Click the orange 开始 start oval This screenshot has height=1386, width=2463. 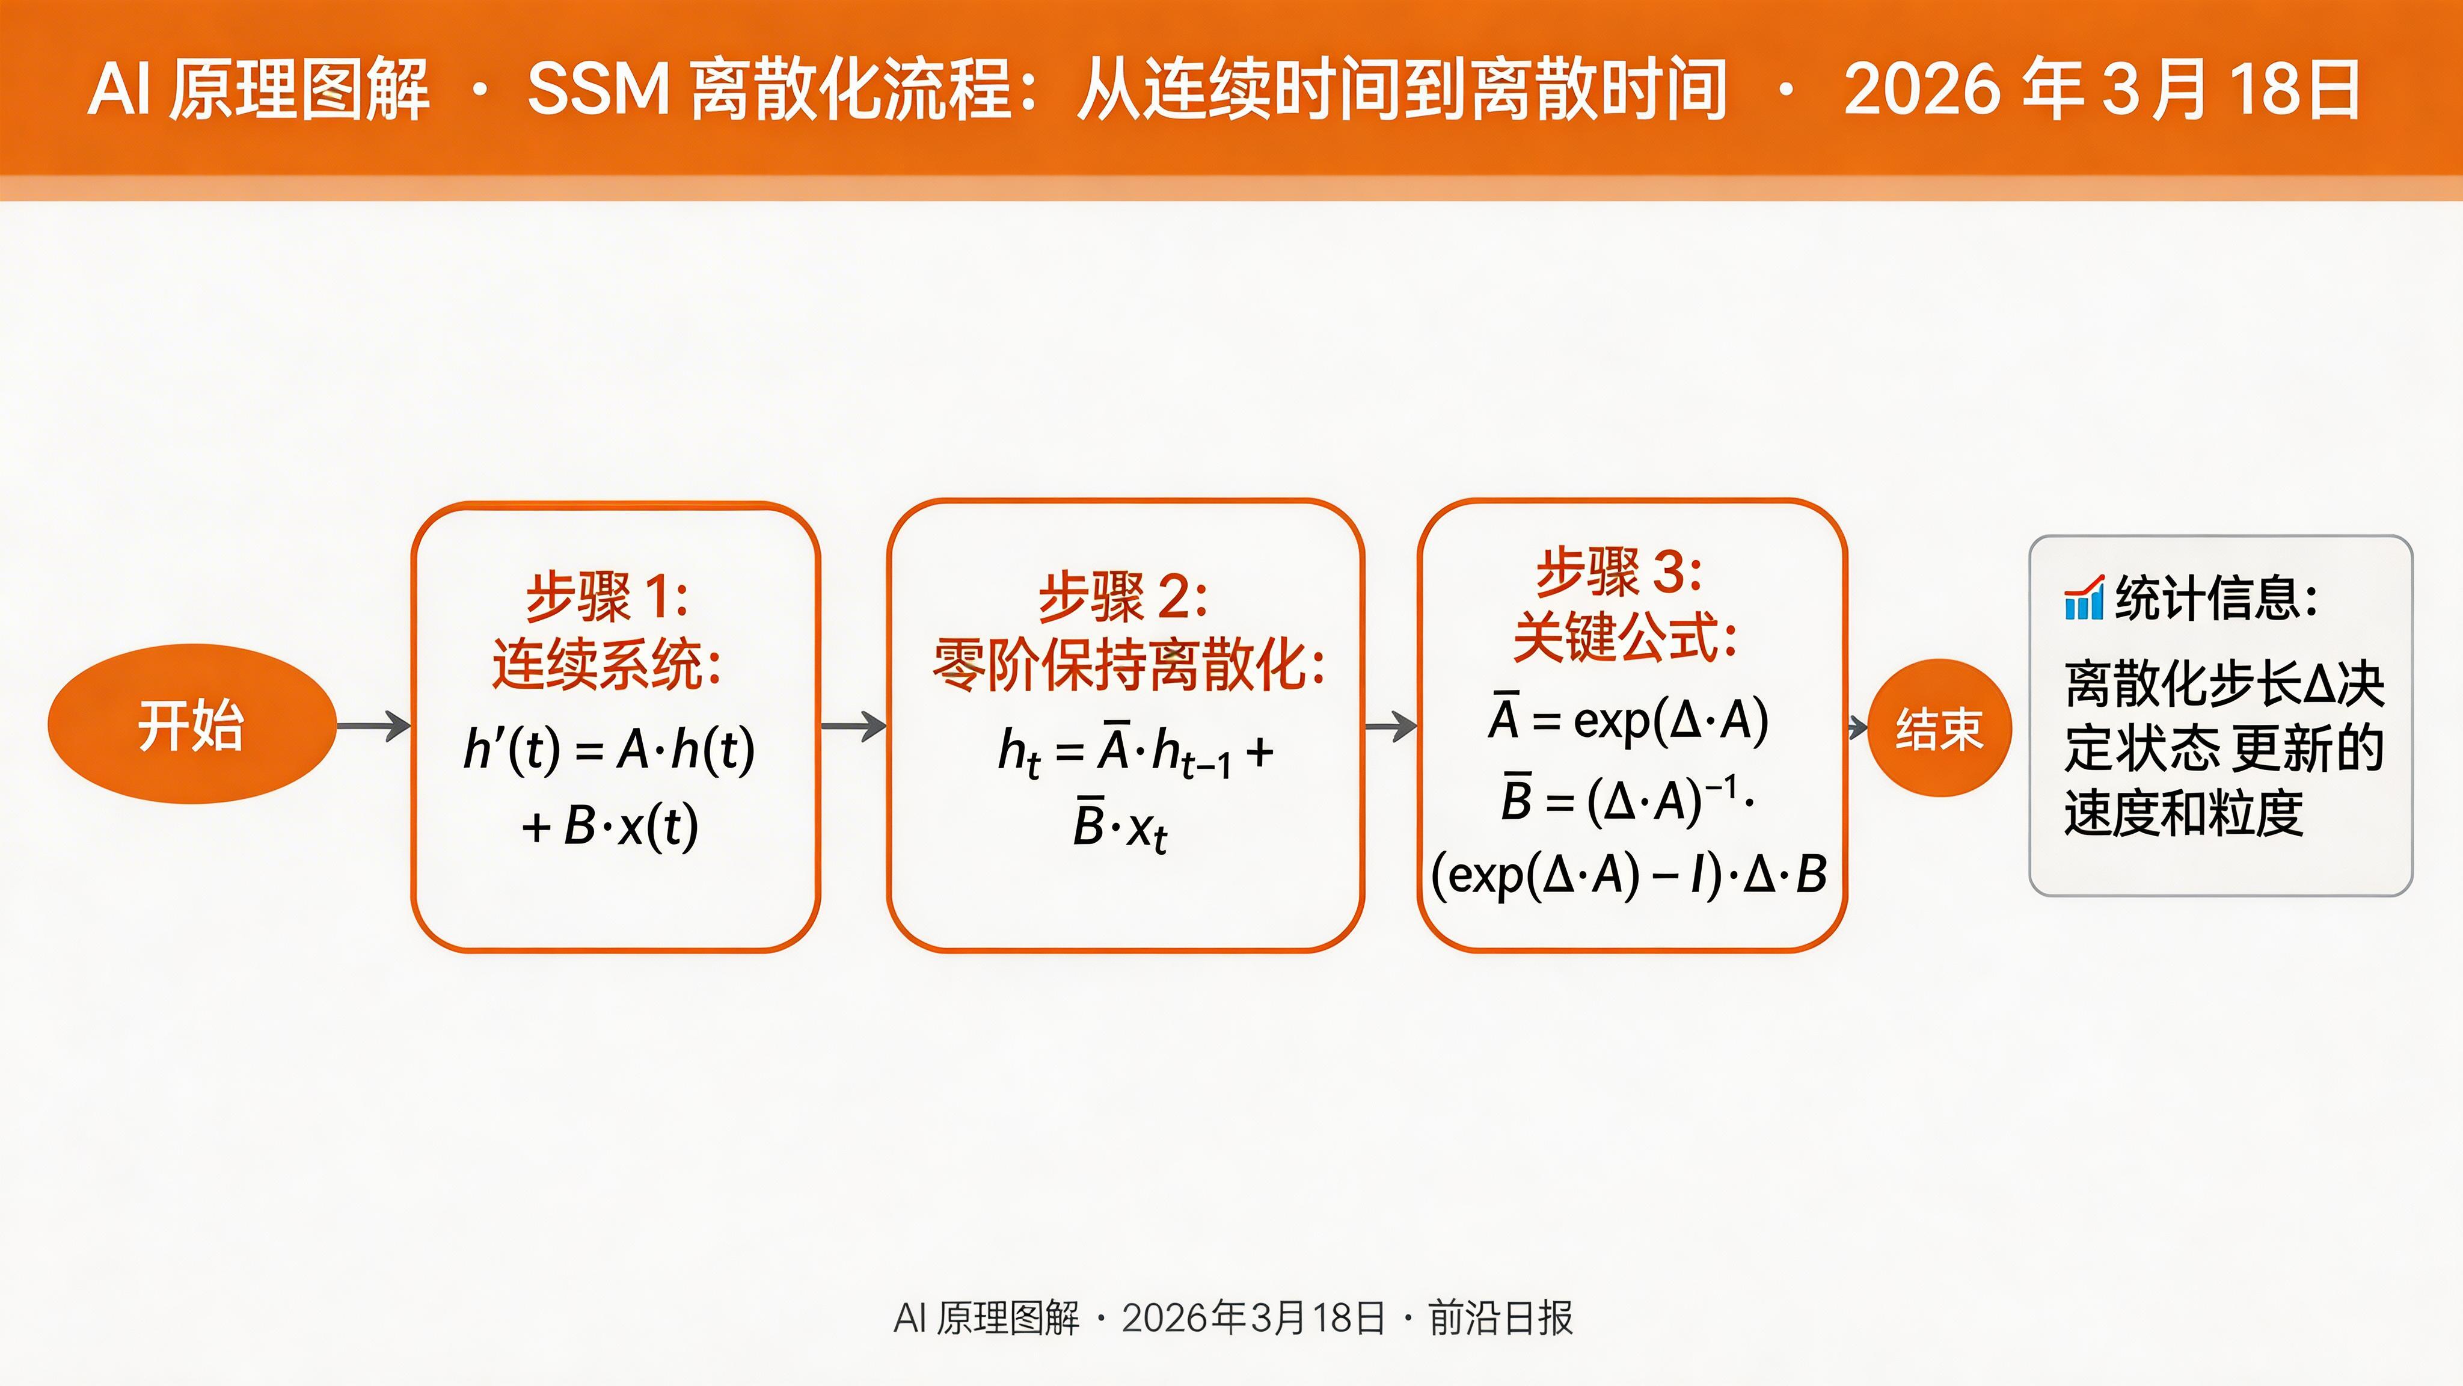click(x=191, y=724)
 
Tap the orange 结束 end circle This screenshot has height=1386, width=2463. click(x=1939, y=728)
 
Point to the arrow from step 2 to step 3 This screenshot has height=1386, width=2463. click(x=1390, y=726)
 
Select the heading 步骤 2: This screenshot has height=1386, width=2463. click(x=1123, y=597)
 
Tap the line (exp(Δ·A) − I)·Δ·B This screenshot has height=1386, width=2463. click(x=1628, y=874)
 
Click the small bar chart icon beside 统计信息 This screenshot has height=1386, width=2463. click(x=2084, y=599)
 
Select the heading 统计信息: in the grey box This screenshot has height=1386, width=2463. click(x=2216, y=599)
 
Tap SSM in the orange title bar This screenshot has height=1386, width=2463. click(x=598, y=89)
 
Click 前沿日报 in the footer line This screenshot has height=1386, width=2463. click(x=1500, y=1318)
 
